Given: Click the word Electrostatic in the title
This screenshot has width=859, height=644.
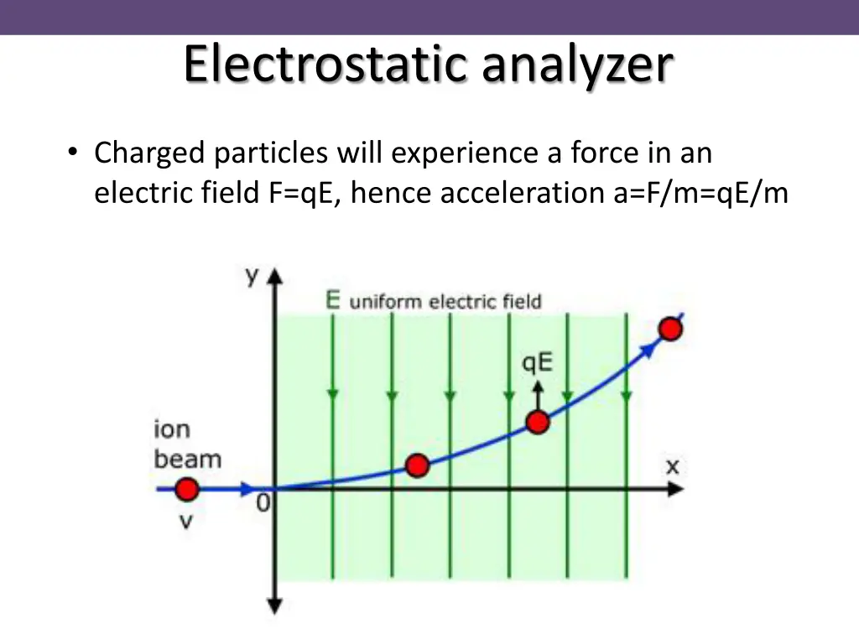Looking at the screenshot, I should (324, 65).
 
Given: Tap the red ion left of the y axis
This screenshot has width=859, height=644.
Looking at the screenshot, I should (186, 489).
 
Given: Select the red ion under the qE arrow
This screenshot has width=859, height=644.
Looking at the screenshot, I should (538, 422).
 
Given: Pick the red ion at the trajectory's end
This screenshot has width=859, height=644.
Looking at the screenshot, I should (669, 329).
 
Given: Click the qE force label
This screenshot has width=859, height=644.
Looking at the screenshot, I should (538, 362).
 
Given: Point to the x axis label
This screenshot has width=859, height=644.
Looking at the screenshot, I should (672, 466).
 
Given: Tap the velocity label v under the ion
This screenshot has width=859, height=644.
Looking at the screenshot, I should (186, 522).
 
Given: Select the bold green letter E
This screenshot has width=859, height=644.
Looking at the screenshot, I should (333, 300).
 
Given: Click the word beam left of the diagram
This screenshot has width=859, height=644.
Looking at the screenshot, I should (187, 460).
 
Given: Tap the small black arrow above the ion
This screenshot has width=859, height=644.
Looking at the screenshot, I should (538, 392).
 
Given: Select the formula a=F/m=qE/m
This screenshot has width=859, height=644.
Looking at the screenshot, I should (695, 193).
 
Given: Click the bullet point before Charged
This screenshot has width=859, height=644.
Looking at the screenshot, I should (74, 153).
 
